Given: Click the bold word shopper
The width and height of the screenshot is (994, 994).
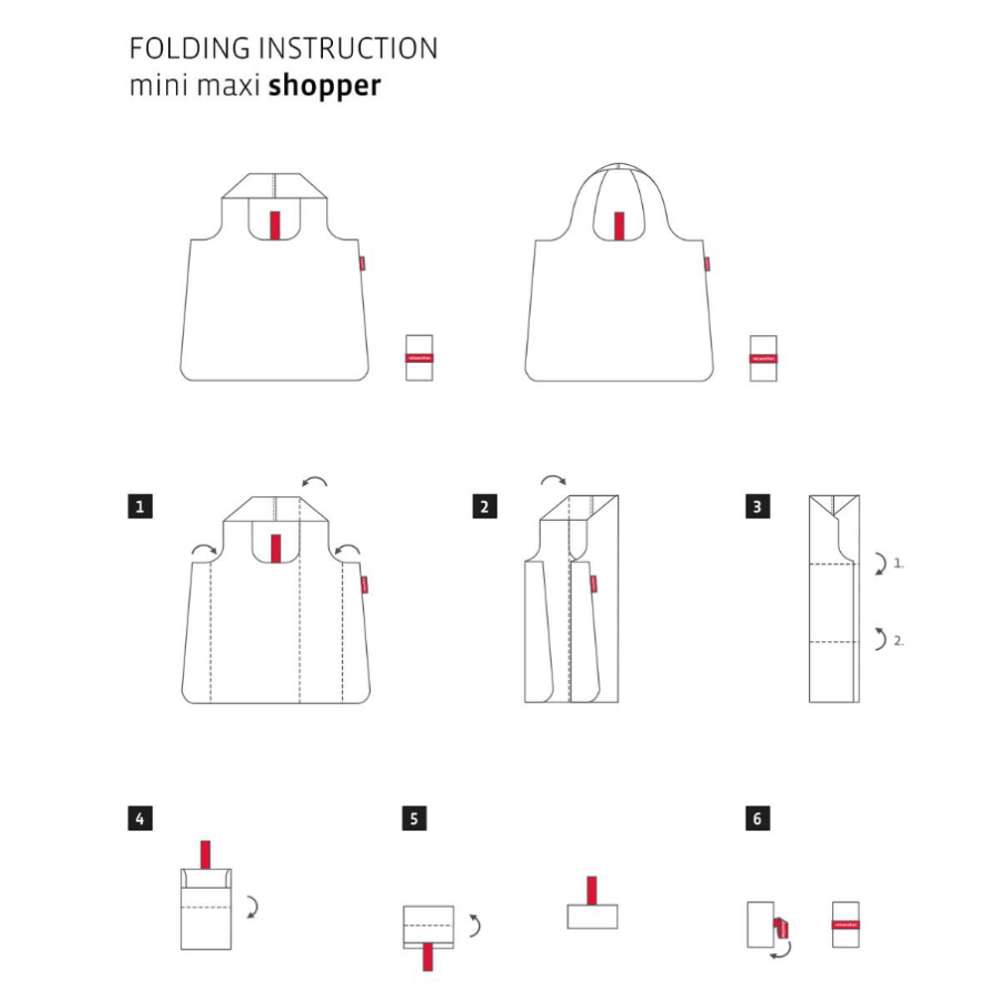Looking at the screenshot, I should pos(324,85).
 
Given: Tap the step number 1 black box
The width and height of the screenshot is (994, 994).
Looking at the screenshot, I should pos(140,507).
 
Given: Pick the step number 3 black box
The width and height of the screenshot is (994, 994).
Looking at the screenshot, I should pos(756,507).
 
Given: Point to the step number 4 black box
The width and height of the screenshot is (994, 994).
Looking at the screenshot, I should pos(140,819).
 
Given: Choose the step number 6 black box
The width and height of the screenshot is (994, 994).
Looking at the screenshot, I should pos(756,819).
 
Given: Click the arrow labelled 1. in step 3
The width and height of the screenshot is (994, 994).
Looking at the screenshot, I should pos(879,565).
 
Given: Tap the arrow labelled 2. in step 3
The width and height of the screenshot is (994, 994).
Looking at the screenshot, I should pos(879,638).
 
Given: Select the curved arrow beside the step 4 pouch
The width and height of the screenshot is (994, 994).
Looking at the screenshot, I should pos(253,905).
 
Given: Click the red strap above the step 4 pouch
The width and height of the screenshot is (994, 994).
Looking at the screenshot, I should pos(206,853).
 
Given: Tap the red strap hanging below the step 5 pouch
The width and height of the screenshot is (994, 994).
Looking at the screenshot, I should pos(428,957).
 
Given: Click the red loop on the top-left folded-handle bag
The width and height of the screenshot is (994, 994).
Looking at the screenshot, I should pos(275,226).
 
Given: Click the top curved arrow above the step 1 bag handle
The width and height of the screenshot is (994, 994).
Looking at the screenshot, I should pos(316,482).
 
